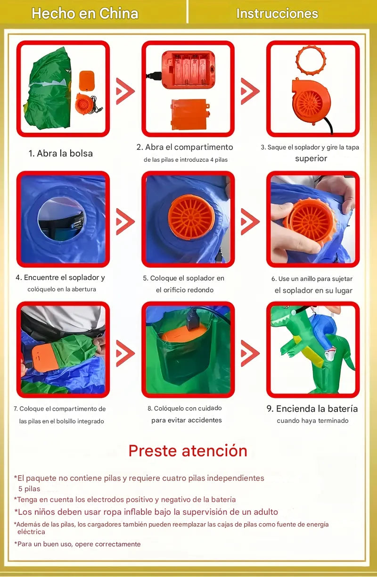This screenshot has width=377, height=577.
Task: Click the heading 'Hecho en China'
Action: pos(85,13)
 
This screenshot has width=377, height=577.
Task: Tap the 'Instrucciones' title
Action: pos(277,13)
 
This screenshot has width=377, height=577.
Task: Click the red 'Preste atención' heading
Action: pos(188,451)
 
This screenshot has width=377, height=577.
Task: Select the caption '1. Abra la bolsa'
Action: pos(60,153)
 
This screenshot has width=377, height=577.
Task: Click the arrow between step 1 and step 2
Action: pos(125,91)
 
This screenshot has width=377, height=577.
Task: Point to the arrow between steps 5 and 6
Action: pos(250,222)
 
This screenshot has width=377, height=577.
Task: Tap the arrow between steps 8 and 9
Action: pos(250,353)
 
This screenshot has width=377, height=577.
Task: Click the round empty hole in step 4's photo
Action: pos(62,219)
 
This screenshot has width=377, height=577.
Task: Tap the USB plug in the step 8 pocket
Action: pos(192,320)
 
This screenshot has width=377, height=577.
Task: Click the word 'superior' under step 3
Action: pos(311,158)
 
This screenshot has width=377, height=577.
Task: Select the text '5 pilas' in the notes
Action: pos(29,489)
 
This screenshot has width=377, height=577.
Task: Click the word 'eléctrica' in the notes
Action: pos(31,532)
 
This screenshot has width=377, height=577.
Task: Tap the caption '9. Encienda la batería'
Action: pos(312,409)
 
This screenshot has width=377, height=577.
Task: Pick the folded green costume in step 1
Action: pos(48,89)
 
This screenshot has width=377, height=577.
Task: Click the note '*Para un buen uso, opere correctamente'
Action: pos(77,544)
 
